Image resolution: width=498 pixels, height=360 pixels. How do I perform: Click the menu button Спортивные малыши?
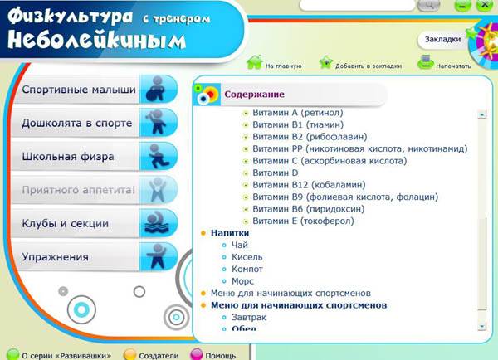point(95,90)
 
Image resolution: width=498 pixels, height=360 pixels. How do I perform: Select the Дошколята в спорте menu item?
point(95,123)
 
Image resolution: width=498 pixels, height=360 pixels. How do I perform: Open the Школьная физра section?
point(95,157)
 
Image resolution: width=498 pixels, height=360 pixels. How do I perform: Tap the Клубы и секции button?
point(95,223)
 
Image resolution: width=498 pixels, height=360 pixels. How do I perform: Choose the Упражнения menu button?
point(95,257)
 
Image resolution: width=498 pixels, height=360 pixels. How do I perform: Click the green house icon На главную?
point(255,62)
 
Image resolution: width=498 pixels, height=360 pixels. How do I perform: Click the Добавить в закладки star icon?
point(326,62)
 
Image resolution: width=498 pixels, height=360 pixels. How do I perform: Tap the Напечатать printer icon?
point(425,62)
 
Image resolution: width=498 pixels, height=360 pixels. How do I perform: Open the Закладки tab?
point(442,39)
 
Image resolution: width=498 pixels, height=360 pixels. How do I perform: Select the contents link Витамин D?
point(276,173)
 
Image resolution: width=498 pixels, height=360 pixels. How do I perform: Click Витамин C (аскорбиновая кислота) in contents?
point(330,161)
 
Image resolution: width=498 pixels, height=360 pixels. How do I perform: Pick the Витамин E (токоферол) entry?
point(303,221)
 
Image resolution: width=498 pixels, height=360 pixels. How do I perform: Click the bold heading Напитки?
point(230,233)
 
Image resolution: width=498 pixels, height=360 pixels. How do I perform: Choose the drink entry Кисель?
point(247,257)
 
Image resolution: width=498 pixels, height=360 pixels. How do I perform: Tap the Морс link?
point(242,281)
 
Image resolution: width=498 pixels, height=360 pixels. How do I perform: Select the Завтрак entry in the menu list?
point(249,318)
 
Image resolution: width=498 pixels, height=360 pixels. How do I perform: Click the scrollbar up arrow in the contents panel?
point(482,114)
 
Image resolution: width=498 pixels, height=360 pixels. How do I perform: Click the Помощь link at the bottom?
point(221,356)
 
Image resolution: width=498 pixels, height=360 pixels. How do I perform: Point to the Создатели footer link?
point(159,356)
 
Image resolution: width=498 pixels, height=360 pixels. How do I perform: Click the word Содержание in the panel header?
point(254,95)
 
